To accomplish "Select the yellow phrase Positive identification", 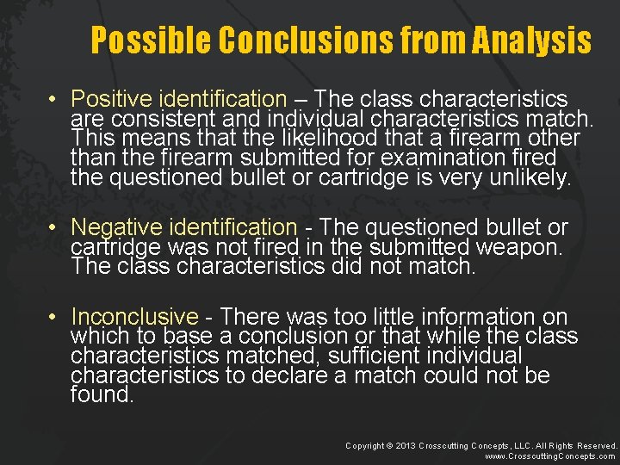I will (x=178, y=100).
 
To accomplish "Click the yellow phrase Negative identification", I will (x=183, y=227).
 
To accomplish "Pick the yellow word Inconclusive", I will (x=134, y=317).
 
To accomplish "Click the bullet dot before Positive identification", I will (x=53, y=101).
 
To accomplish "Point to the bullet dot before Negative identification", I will (x=53, y=228).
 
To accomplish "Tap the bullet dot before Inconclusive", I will (x=53, y=318).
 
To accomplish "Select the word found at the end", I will (x=102, y=396).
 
